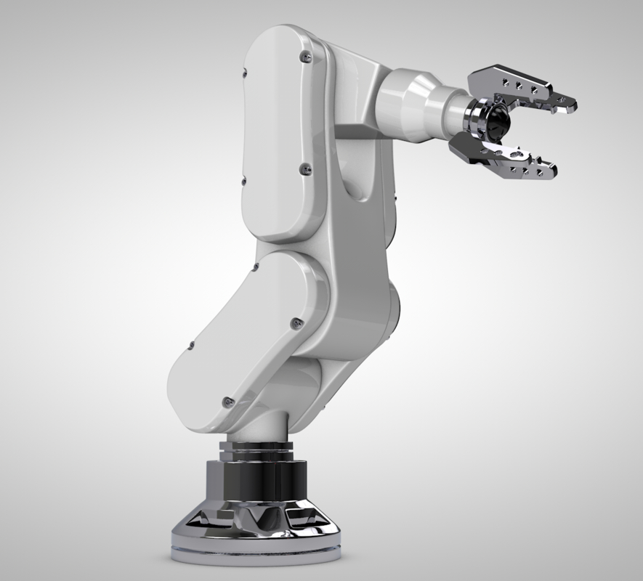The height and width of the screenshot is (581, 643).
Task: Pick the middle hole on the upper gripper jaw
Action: [518, 85]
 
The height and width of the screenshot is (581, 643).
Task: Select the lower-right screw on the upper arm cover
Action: [304, 168]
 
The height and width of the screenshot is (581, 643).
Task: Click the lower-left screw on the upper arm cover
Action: [243, 179]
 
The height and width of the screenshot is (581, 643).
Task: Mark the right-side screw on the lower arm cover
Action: [294, 322]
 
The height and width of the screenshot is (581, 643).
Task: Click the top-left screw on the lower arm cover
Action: [255, 269]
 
